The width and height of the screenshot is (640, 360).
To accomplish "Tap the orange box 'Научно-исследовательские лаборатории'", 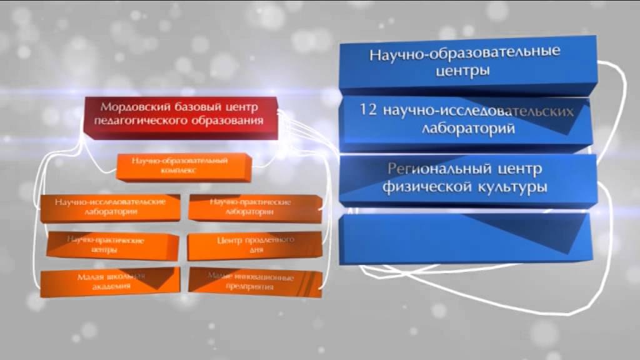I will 109,207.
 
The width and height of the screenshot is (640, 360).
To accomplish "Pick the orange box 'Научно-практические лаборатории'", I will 251,207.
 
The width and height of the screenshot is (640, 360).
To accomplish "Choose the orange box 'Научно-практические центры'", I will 109,245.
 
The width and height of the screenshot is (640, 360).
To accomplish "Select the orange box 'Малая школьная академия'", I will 109,282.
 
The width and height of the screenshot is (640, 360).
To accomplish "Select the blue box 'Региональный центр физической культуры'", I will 466,178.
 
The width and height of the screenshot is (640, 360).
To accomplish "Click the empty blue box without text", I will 466,237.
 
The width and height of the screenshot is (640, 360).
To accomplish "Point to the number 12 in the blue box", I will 368,110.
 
